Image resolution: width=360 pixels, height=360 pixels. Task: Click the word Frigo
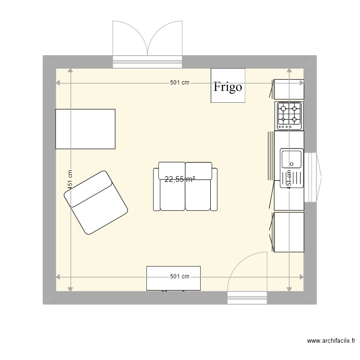pyautogui.click(x=228, y=87)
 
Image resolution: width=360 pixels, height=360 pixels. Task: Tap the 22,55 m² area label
pyautogui.click(x=180, y=180)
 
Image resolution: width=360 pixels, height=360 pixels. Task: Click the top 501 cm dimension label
pyautogui.click(x=180, y=83)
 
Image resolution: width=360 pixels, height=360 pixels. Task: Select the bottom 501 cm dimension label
pyautogui.click(x=180, y=276)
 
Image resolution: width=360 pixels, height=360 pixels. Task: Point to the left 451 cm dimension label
pyautogui.click(x=70, y=180)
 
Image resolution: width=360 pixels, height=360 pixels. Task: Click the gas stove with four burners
pyautogui.click(x=289, y=116)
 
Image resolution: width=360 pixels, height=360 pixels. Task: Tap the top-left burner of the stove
pyautogui.click(x=283, y=108)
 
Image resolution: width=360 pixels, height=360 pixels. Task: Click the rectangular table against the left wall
pyautogui.click(x=85, y=129)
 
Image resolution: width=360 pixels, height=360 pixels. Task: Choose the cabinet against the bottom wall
pyautogui.click(x=173, y=278)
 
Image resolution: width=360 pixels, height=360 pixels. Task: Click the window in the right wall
pyautogui.click(x=313, y=176)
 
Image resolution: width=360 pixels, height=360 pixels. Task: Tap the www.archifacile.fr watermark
pyautogui.click(x=331, y=341)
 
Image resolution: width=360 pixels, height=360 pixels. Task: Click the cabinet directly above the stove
pyautogui.click(x=289, y=89)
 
